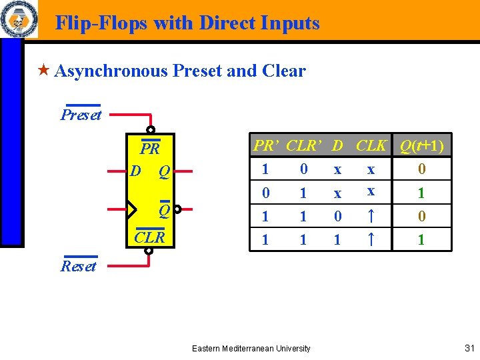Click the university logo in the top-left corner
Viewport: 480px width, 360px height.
pos(19,20)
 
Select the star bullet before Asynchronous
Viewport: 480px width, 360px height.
pos(43,70)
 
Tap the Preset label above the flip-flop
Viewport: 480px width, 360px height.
pos(81,115)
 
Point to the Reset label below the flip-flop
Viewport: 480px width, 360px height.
pos(79,266)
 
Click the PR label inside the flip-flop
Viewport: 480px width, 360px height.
pos(150,148)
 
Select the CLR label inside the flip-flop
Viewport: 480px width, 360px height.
pos(150,237)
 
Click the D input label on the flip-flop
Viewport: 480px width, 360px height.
pos(135,171)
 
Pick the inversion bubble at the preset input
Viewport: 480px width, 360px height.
pos(151,129)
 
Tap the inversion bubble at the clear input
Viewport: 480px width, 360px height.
pos(149,251)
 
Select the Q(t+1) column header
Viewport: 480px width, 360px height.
pos(422,145)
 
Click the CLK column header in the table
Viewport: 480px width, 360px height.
pos(371,145)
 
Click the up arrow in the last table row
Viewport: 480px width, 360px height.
pos(371,239)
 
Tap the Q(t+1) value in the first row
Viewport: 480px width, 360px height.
pos(421,169)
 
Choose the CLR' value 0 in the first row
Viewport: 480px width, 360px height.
pos(304,169)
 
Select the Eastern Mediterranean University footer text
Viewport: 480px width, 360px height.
pos(251,349)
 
